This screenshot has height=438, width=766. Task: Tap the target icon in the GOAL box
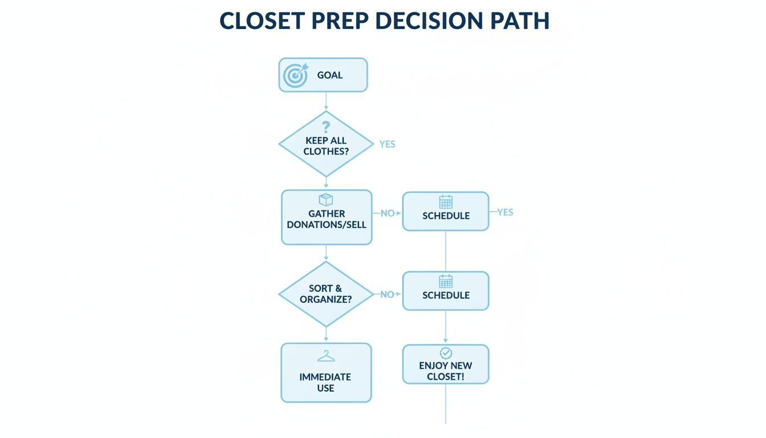tap(296, 75)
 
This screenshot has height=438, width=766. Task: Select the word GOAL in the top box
tap(330, 75)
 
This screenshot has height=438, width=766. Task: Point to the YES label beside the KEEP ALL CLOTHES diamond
tap(387, 144)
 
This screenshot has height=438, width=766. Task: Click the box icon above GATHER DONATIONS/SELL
tap(325, 200)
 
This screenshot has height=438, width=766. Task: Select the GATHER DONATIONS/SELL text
tap(327, 219)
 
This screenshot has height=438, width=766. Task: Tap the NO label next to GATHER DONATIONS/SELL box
tap(388, 213)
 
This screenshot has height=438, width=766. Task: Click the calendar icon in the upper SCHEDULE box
tap(446, 202)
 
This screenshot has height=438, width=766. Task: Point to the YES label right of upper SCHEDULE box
tap(505, 212)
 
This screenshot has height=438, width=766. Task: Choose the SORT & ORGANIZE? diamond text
tap(325, 294)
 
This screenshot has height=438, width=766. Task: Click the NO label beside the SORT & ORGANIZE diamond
tap(387, 295)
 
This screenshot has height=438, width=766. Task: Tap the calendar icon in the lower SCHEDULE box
tap(446, 281)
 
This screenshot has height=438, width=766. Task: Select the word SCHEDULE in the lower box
tap(446, 295)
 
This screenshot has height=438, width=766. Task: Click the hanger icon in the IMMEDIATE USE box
tap(326, 356)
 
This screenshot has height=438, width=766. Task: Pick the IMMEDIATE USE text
tap(325, 382)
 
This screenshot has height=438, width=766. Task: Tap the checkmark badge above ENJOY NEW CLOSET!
tap(446, 353)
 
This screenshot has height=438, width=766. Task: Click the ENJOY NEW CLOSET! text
tap(446, 371)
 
